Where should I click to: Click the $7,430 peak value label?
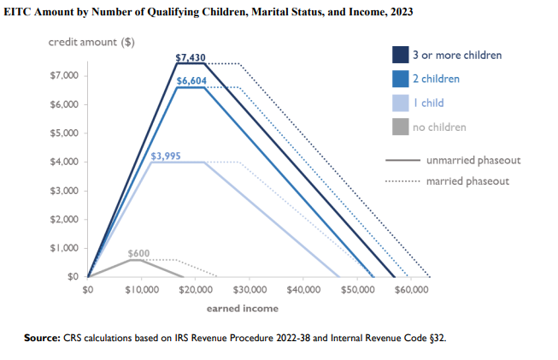pyautogui.click(x=191, y=59)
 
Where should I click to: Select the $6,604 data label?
pyautogui.click(x=191, y=81)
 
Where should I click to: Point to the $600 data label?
pyautogui.click(x=138, y=254)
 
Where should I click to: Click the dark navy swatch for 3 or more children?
pyautogui.click(x=399, y=55)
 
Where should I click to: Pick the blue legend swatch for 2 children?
pyautogui.click(x=399, y=79)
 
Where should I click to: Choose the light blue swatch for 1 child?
pyautogui.click(x=399, y=103)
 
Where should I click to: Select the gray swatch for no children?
pyautogui.click(x=399, y=127)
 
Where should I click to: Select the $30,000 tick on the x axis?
pyautogui.click(x=250, y=291)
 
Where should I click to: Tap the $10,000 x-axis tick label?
pyautogui.click(x=142, y=291)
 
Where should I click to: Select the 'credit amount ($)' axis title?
pyautogui.click(x=91, y=42)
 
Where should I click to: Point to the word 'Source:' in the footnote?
pyautogui.click(x=42, y=338)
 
